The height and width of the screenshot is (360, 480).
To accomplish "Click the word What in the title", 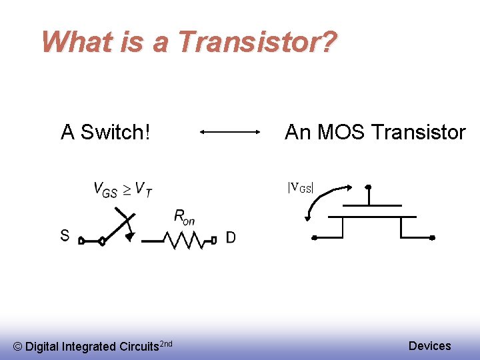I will pyautogui.click(x=73, y=42).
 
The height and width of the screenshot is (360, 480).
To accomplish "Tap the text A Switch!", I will pyautogui.click(x=105, y=132).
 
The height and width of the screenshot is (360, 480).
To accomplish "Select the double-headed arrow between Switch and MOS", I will pyautogui.click(x=230, y=133).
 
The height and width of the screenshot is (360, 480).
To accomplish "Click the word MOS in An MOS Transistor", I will pyautogui.click(x=342, y=132).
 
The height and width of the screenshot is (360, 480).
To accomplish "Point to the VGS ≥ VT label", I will pyautogui.click(x=123, y=190).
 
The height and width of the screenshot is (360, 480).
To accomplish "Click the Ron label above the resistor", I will pyautogui.click(x=184, y=217).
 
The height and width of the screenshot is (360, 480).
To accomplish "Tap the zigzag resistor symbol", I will pyautogui.click(x=189, y=239).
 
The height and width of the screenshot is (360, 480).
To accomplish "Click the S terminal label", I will pyautogui.click(x=65, y=235).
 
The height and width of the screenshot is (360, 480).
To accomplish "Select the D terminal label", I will pyautogui.click(x=230, y=237).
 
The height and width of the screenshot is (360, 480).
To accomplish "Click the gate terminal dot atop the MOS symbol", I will pyautogui.click(x=368, y=187).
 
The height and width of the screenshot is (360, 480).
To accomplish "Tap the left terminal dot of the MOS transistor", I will pyautogui.click(x=315, y=237).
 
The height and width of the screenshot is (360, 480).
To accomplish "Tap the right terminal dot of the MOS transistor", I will pyautogui.click(x=432, y=237).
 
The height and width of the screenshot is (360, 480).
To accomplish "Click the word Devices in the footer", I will pyautogui.click(x=429, y=345).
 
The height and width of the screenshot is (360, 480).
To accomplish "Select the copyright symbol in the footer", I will pyautogui.click(x=18, y=346).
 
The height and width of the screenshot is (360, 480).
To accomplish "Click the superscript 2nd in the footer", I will pyautogui.click(x=167, y=343).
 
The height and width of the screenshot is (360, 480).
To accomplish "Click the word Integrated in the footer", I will pyautogui.click(x=89, y=346).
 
